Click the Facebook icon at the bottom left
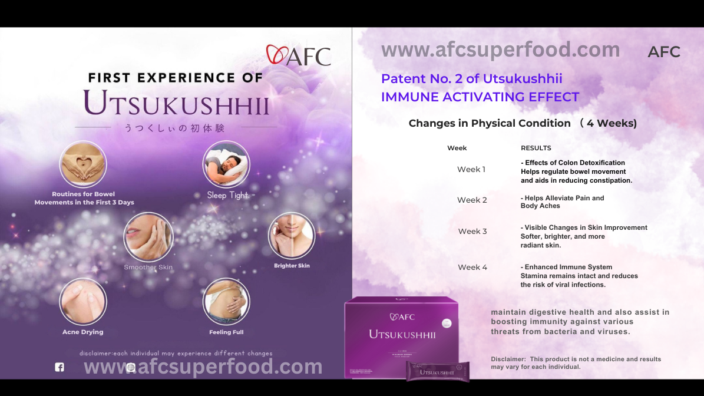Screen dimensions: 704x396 pyautogui.click(x=60, y=367)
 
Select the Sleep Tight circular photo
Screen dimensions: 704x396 pyautogui.click(x=226, y=164)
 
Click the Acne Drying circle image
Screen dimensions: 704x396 pyautogui.click(x=83, y=301)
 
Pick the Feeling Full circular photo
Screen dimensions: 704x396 pyautogui.click(x=226, y=301)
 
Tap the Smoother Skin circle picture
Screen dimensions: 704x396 pyautogui.click(x=148, y=237)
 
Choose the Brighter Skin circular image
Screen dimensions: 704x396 pyautogui.click(x=292, y=236)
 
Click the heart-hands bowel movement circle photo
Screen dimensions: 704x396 pyautogui.click(x=83, y=164)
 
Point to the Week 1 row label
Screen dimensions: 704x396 pyautogui.click(x=471, y=169)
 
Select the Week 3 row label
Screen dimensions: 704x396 pyautogui.click(x=472, y=231)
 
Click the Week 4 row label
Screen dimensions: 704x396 pyautogui.click(x=472, y=267)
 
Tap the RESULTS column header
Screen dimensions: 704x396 pyautogui.click(x=536, y=148)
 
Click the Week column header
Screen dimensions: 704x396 pyautogui.click(x=457, y=148)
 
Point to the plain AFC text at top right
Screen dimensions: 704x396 pyautogui.click(x=663, y=52)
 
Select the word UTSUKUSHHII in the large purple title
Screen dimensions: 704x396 pyautogui.click(x=177, y=103)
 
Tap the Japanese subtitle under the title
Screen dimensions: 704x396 pyautogui.click(x=174, y=128)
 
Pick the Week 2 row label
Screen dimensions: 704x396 pyautogui.click(x=472, y=200)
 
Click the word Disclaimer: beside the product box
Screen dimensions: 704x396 pyautogui.click(x=508, y=359)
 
